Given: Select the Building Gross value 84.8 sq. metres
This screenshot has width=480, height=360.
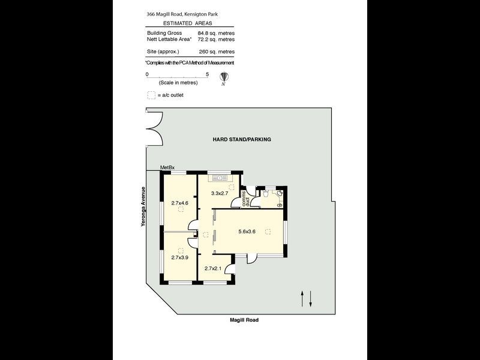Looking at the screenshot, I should pyautogui.click(x=215, y=33).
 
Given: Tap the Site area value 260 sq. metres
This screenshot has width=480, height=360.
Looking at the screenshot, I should pyautogui.click(x=215, y=51).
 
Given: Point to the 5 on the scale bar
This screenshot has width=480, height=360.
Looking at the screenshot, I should pyautogui.click(x=207, y=74).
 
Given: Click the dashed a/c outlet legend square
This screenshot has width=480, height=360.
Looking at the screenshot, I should pyautogui.click(x=151, y=95).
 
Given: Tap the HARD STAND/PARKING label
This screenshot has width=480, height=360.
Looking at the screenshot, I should pyautogui.click(x=242, y=139).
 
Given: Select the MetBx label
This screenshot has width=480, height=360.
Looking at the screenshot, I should pyautogui.click(x=167, y=167).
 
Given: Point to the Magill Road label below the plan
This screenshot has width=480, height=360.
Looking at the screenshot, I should pyautogui.click(x=244, y=320).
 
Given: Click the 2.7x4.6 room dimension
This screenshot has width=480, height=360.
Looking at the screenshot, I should pyautogui.click(x=179, y=203).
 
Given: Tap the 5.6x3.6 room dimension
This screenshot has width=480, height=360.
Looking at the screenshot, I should pyautogui.click(x=247, y=232).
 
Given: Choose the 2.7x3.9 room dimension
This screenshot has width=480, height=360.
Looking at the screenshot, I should pyautogui.click(x=179, y=257).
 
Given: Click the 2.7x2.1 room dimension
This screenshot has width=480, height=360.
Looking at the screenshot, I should pyautogui.click(x=214, y=268).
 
